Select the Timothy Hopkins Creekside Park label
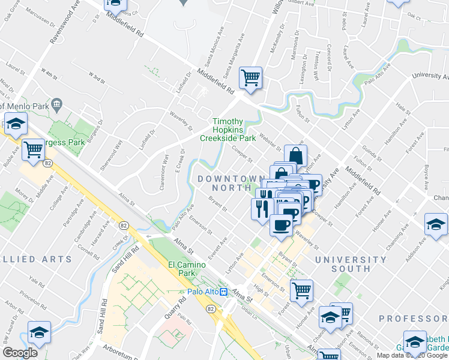(235, 130)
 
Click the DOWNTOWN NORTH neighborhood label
(231, 183)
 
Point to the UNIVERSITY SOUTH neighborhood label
(351, 264)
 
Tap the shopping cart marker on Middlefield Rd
(250, 77)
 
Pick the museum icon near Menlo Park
(57, 104)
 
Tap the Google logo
(20, 352)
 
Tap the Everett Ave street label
(220, 248)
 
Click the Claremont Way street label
(163, 171)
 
